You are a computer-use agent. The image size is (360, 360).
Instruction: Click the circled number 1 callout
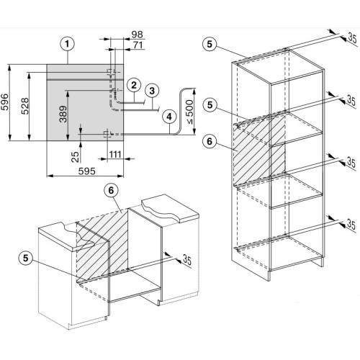click(67, 44)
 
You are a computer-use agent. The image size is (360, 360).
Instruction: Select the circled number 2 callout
click(134, 85)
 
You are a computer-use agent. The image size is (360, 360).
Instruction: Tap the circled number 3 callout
click(152, 91)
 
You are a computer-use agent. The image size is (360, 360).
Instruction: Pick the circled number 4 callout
click(169, 117)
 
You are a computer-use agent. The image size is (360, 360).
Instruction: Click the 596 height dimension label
click(5, 102)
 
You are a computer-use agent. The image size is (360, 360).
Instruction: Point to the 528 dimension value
click(25, 106)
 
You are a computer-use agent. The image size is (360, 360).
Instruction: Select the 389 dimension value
click(63, 114)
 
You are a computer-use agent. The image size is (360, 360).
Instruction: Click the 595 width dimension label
click(87, 171)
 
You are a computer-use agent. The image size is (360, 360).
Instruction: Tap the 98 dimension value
click(137, 35)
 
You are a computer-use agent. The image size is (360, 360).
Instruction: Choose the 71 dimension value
click(138, 45)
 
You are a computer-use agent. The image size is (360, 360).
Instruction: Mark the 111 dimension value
click(115, 154)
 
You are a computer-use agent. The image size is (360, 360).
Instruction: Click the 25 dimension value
click(75, 157)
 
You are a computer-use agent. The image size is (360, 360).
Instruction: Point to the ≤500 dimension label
click(189, 112)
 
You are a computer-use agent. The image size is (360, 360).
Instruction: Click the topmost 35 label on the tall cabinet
click(352, 38)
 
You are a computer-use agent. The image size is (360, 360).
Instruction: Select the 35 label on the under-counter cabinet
click(187, 259)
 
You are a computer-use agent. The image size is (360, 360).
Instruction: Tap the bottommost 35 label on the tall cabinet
click(351, 225)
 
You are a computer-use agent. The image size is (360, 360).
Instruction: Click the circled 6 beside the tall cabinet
click(210, 141)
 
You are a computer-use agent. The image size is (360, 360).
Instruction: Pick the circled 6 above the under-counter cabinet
click(111, 190)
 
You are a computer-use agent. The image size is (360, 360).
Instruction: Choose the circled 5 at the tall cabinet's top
click(210, 44)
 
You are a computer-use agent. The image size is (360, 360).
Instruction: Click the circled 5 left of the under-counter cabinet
click(26, 258)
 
